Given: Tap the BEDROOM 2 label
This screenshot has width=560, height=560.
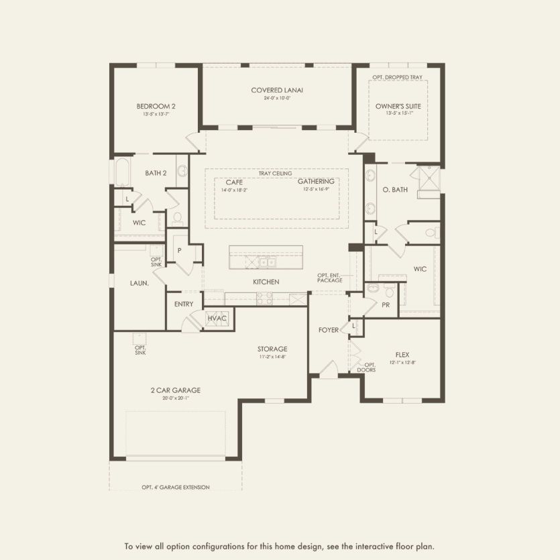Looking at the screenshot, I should pyautogui.click(x=156, y=106).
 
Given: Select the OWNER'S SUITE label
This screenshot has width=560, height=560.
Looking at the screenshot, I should pyautogui.click(x=398, y=106).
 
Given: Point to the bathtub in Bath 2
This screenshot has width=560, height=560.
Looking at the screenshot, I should pyautogui.click(x=121, y=172).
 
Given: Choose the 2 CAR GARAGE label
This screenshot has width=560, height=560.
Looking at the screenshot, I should pyautogui.click(x=175, y=390).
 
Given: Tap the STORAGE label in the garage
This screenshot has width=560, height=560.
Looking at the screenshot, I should pyautogui.click(x=272, y=349).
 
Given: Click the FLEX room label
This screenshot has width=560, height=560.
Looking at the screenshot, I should pyautogui.click(x=402, y=354).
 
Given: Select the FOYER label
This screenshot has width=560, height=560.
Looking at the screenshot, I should pyautogui.click(x=329, y=330).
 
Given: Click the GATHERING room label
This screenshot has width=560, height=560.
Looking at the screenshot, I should pyautogui.click(x=316, y=182).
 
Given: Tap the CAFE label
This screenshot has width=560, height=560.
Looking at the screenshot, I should pyautogui.click(x=234, y=182).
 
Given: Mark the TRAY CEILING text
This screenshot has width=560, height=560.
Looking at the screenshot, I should pyautogui.click(x=276, y=173).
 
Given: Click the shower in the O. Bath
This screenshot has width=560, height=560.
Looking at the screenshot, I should pyautogui.click(x=425, y=178).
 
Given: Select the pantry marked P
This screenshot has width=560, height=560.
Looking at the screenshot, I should pyautogui.click(x=179, y=250).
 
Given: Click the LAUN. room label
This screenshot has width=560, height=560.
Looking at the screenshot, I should pyautogui.click(x=139, y=283).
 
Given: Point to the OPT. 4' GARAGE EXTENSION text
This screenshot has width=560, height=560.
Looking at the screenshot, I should pyautogui.click(x=176, y=488).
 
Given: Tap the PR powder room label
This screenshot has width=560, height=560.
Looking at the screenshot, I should pyautogui.click(x=386, y=304).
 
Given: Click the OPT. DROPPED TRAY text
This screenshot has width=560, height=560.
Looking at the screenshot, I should pyautogui.click(x=398, y=78).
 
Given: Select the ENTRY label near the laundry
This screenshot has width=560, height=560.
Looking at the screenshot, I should pyautogui.click(x=183, y=304).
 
